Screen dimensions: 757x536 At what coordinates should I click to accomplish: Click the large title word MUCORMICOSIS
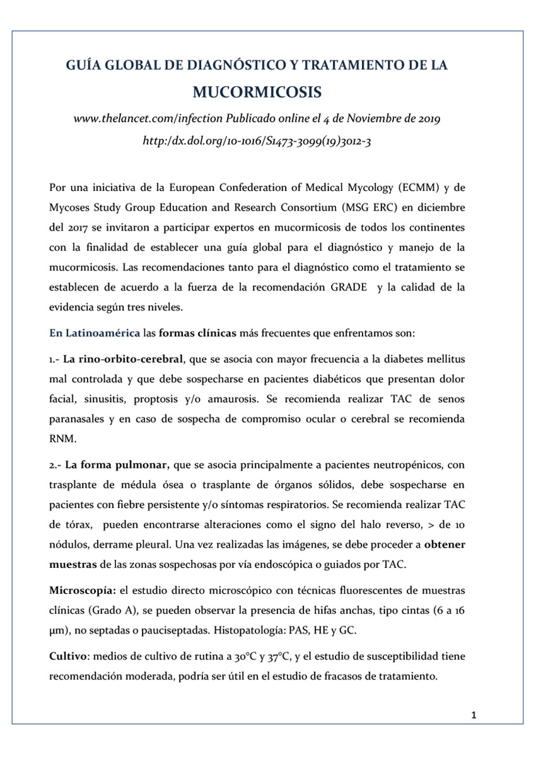(257, 93)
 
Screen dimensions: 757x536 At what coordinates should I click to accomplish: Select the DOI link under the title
(257, 142)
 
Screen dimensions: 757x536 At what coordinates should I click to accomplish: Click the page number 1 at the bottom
(474, 715)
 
